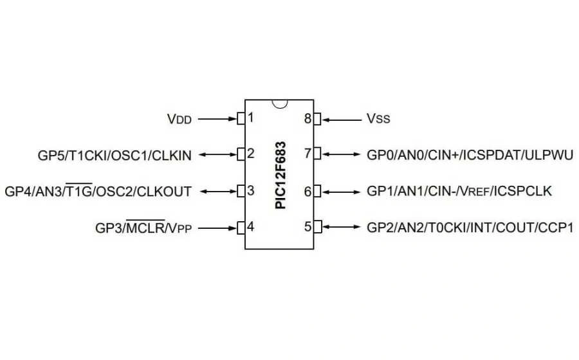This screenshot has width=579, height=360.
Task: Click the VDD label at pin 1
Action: tap(179, 119)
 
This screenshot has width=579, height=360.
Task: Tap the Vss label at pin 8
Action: tap(378, 119)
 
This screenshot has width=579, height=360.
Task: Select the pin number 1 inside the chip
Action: tap(251, 118)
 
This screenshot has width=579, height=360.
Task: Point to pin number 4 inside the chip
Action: tap(251, 226)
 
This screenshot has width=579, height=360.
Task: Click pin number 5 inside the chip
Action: tap(308, 226)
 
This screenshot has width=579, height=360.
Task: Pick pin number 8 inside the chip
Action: tap(308, 118)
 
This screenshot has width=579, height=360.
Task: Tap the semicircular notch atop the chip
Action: tap(279, 104)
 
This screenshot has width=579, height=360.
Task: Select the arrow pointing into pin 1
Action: tap(217, 119)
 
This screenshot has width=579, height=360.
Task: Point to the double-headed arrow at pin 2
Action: tap(217, 155)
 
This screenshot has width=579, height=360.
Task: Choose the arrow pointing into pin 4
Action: tap(217, 227)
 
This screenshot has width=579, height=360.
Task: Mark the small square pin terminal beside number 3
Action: tap(241, 191)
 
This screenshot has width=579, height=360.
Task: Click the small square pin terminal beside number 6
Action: tap(317, 191)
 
